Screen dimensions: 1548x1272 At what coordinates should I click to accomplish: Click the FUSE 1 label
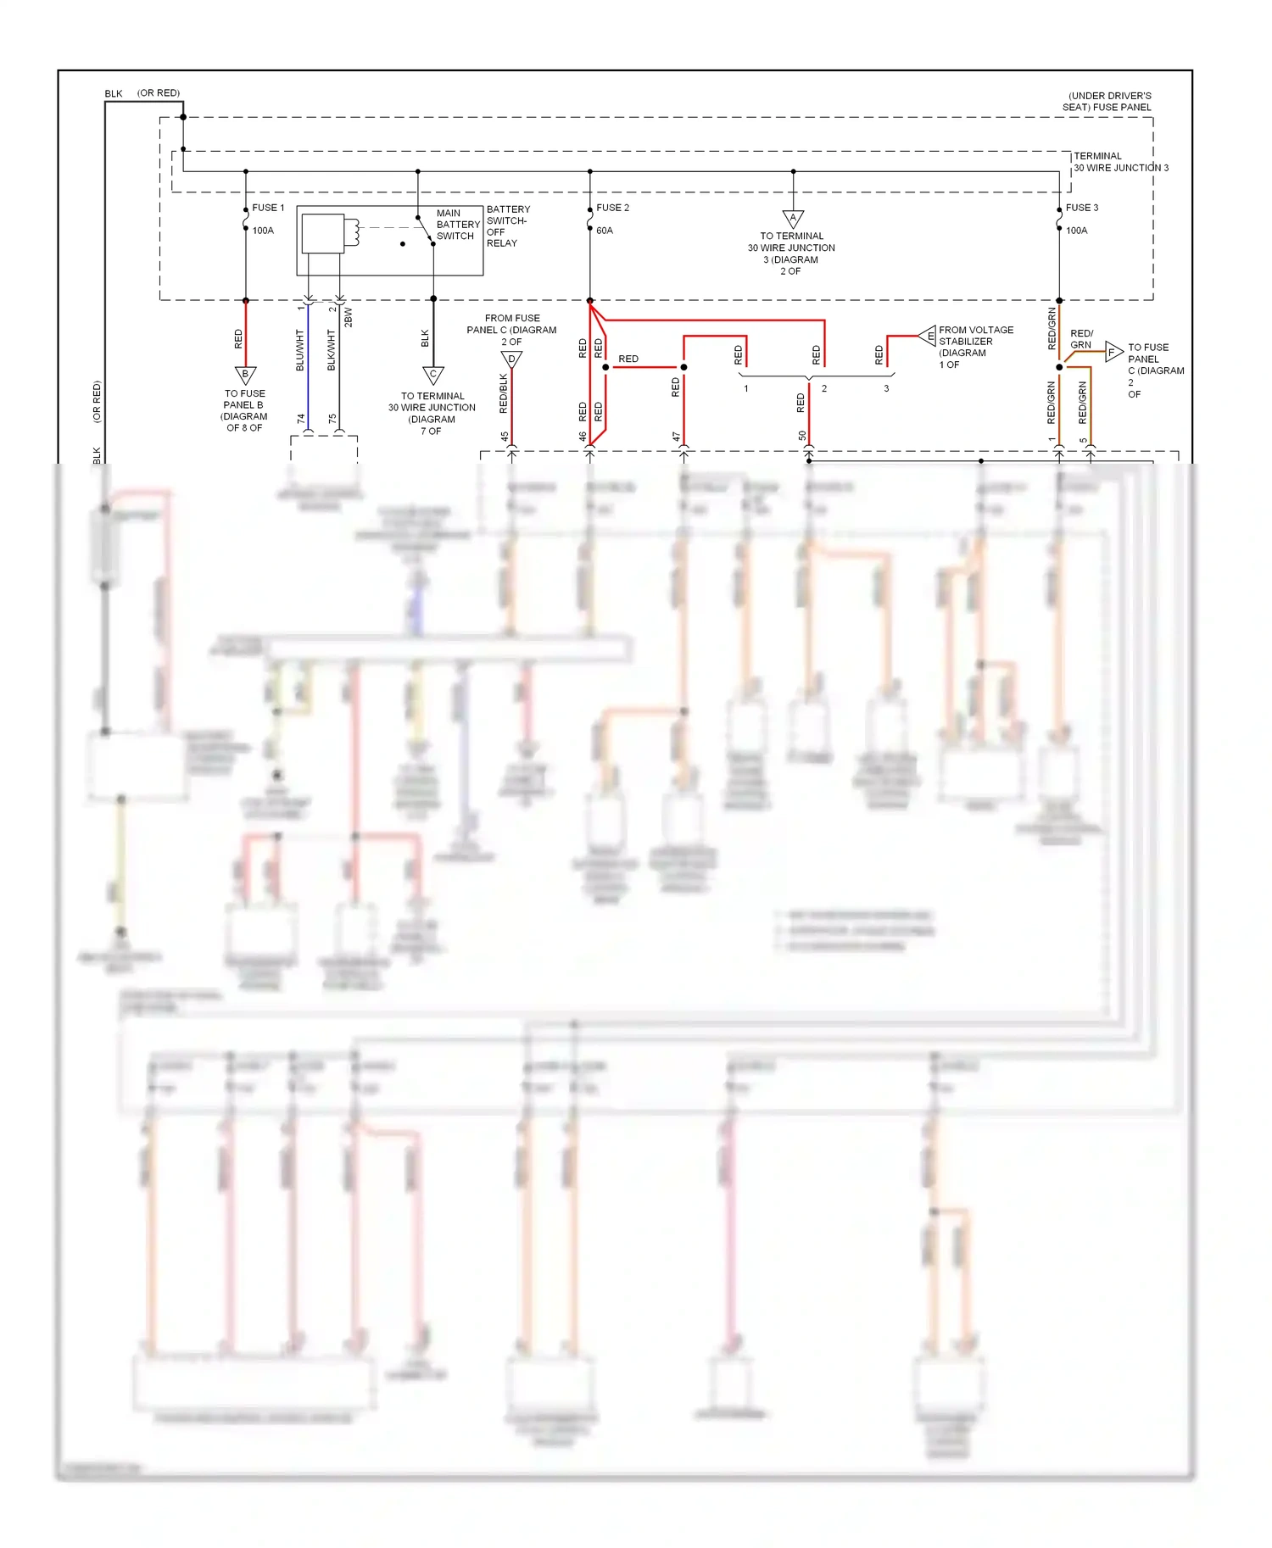pyautogui.click(x=268, y=208)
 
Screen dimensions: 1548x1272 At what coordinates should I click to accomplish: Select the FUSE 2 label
pyautogui.click(x=612, y=208)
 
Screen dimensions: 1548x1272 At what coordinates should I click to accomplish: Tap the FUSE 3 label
pyautogui.click(x=1081, y=208)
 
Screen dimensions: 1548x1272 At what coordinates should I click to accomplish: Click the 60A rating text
pyautogui.click(x=605, y=231)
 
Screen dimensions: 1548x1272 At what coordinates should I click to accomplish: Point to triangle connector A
pyautogui.click(x=793, y=219)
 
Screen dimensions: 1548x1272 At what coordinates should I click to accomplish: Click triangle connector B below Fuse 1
pyautogui.click(x=245, y=375)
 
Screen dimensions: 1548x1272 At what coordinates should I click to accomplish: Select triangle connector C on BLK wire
pyautogui.click(x=433, y=375)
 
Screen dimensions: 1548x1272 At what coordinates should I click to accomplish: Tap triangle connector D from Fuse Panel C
pyautogui.click(x=511, y=359)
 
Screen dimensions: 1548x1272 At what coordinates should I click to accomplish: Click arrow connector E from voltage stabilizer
pyautogui.click(x=928, y=336)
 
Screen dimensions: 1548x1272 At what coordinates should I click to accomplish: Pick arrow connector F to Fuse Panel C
pyautogui.click(x=1113, y=353)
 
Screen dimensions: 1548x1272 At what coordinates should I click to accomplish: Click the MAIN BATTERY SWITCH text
pyautogui.click(x=457, y=225)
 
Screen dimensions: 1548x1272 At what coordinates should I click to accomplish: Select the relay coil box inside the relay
pyautogui.click(x=323, y=234)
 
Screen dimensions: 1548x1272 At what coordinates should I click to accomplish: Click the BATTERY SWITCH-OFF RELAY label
pyautogui.click(x=508, y=226)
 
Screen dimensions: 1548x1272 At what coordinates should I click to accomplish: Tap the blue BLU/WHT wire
pyautogui.click(x=308, y=373)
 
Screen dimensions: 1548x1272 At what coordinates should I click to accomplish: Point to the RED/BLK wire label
pyautogui.click(x=504, y=393)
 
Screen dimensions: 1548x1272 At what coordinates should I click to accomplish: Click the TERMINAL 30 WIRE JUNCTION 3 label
pyautogui.click(x=1120, y=162)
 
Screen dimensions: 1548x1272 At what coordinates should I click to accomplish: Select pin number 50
pyautogui.click(x=802, y=436)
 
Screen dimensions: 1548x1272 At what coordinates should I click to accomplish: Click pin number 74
pyautogui.click(x=301, y=419)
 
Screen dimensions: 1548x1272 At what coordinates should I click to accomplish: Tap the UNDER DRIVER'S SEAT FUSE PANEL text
pyautogui.click(x=1107, y=102)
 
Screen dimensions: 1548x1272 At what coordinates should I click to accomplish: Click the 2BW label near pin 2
pyautogui.click(x=349, y=318)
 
